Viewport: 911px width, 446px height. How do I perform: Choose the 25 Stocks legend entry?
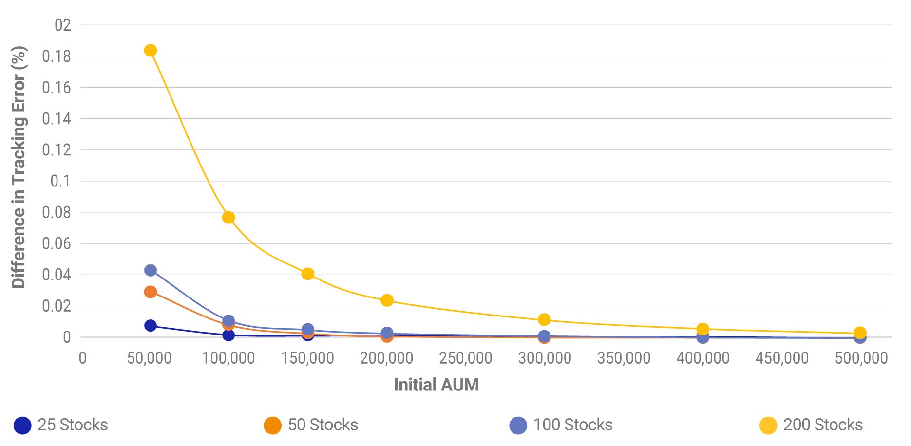[61, 425]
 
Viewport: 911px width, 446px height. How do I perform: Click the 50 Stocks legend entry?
[311, 425]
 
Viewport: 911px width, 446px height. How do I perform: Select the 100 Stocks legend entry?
[561, 425]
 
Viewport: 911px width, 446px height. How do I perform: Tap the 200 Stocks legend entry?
[811, 425]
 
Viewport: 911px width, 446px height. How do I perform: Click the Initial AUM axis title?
[436, 385]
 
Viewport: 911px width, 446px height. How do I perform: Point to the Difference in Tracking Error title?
[19, 167]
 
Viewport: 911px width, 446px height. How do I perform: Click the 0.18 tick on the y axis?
[57, 56]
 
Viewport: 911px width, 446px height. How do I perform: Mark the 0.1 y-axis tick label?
[60, 181]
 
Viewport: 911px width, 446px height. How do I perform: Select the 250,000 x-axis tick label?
[465, 358]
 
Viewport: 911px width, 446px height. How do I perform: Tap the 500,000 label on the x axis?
[861, 358]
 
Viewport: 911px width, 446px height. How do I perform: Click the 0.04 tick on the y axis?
[57, 275]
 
